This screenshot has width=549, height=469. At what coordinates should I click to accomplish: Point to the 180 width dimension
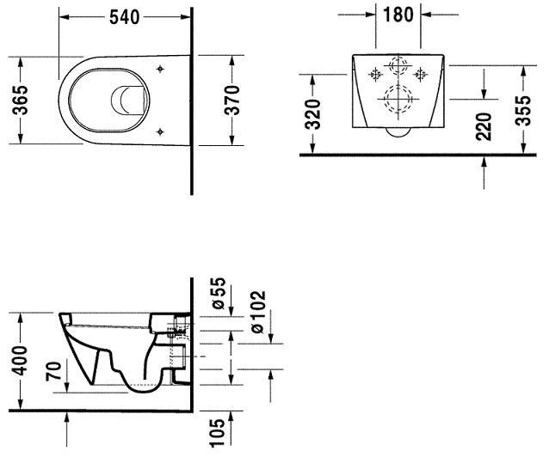(398, 15)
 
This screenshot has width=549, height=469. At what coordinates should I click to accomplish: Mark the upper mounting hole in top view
(161, 68)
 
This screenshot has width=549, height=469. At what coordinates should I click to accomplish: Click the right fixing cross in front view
(421, 71)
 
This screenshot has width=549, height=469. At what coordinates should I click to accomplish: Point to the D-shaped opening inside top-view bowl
(129, 100)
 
